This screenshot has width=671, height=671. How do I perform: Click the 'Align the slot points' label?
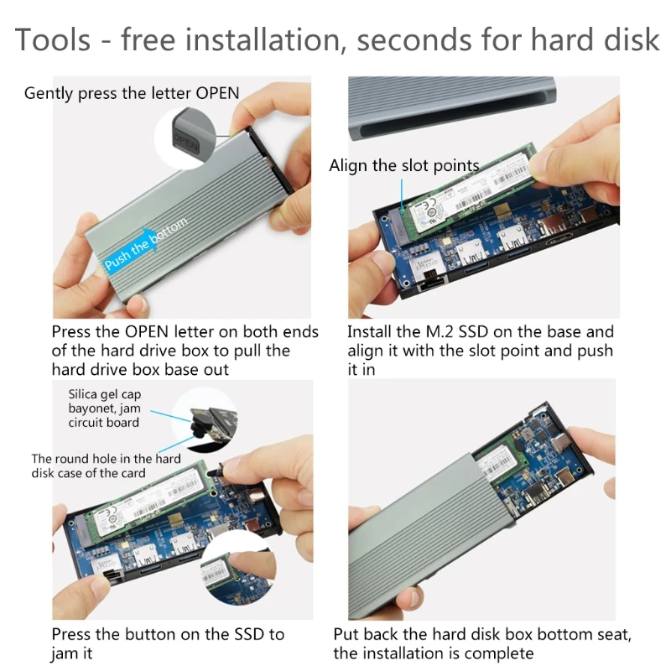click(403, 165)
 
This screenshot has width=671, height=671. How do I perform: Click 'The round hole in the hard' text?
click(106, 459)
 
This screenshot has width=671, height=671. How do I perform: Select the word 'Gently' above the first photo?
click(49, 93)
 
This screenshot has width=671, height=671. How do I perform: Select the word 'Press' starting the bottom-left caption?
click(74, 635)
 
